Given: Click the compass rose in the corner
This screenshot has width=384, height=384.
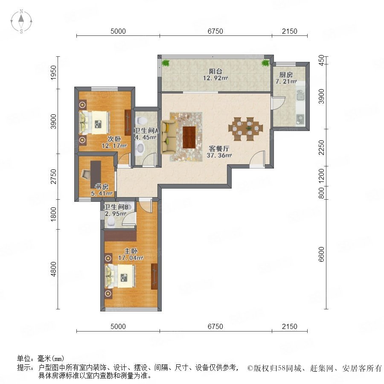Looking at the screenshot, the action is (21, 21).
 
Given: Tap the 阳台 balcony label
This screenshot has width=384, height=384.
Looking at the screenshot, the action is (215, 71).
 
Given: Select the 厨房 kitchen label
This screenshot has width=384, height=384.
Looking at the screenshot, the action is (286, 75).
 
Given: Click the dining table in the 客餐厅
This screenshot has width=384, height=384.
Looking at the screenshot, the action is (246, 129).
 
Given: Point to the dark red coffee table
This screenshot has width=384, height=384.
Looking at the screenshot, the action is (189, 137).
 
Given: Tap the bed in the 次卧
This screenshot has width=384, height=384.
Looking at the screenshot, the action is (94, 122).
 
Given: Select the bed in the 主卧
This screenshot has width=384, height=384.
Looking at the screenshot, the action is (120, 276).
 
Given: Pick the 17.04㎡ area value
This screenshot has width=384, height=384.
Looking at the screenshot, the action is (131, 258).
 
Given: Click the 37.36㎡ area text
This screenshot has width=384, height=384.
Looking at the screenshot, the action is (219, 155).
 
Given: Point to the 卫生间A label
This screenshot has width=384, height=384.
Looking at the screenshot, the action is (146, 131).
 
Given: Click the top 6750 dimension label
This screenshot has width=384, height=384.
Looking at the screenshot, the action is (215, 31).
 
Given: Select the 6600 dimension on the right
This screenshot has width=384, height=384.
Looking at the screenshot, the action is (321, 254).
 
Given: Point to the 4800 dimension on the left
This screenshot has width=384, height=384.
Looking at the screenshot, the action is (53, 269).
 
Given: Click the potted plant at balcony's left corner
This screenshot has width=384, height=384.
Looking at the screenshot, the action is (166, 63).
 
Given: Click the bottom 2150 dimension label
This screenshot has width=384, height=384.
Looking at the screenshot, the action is (289, 326).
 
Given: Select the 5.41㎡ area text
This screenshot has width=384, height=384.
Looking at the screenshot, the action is (102, 193).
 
